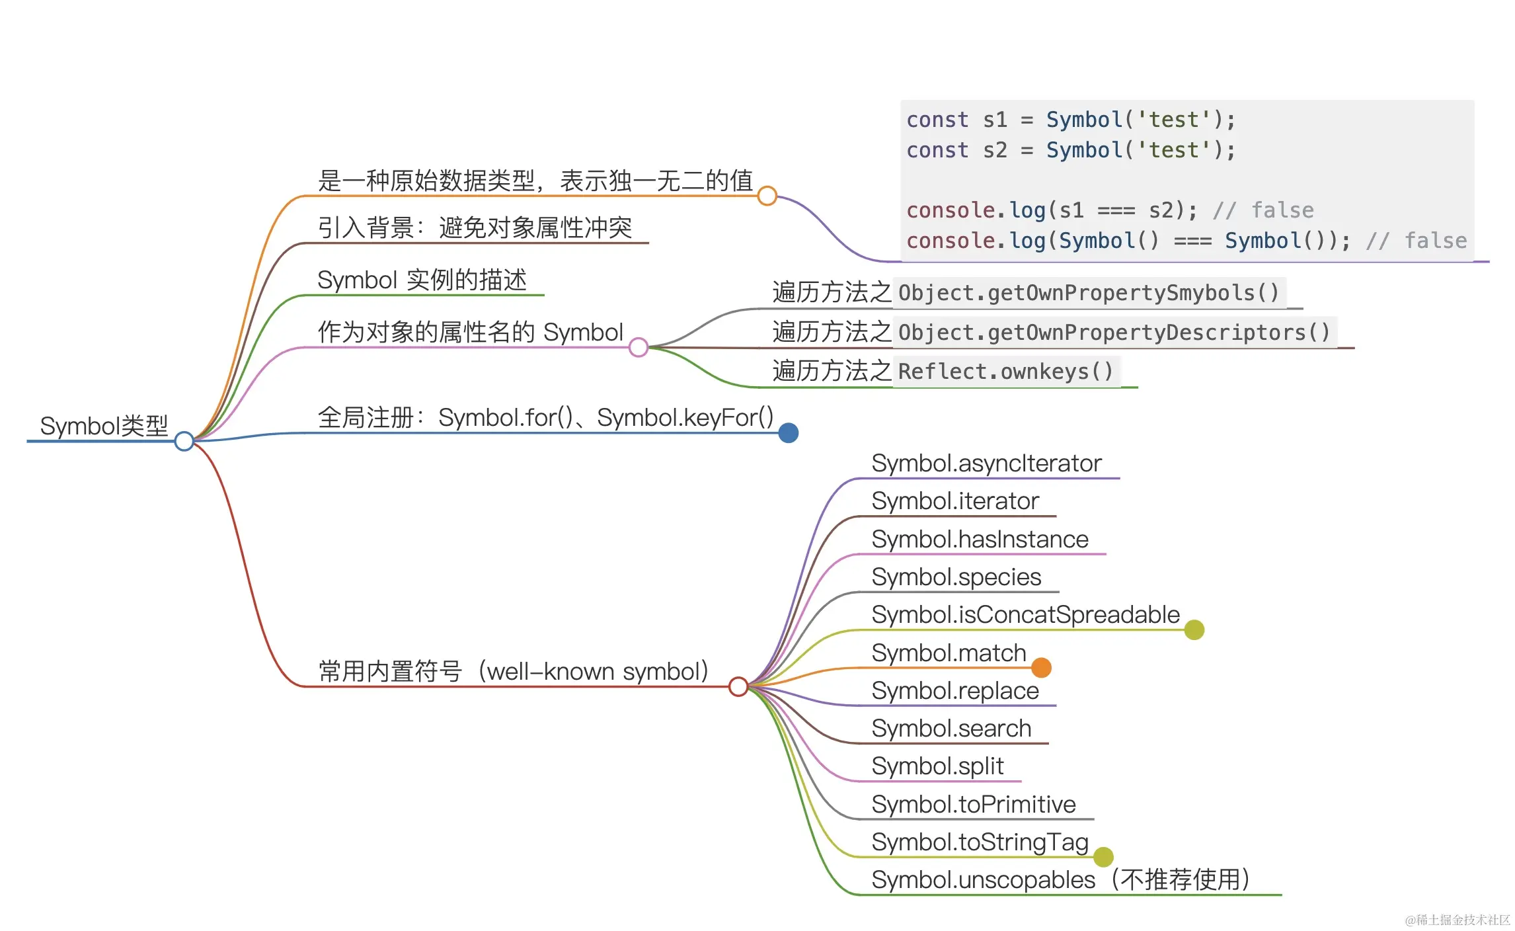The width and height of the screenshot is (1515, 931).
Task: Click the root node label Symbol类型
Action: [x=104, y=426]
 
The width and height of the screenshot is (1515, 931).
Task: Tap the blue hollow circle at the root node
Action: [x=184, y=441]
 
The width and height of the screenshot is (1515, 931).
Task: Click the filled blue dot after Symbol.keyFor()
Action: [x=788, y=433]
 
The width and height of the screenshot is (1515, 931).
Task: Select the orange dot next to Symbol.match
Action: [x=1041, y=668]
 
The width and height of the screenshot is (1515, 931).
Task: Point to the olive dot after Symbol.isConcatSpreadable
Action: [x=1194, y=629]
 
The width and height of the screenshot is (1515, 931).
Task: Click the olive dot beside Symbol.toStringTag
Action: [x=1103, y=857]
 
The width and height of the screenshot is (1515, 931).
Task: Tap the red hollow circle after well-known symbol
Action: [x=738, y=687]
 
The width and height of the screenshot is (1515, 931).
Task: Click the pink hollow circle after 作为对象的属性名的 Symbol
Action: [x=639, y=347]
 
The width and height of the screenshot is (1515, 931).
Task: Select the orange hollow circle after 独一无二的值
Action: [x=767, y=196]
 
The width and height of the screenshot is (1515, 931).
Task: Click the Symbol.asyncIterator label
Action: [x=986, y=464]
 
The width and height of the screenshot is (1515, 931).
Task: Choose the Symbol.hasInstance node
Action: [x=980, y=540]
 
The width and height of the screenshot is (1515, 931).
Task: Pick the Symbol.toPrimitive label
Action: [x=973, y=805]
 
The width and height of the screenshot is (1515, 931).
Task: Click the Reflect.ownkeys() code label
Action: [x=1005, y=372]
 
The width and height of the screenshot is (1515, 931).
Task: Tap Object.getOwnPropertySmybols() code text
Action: [x=1089, y=293]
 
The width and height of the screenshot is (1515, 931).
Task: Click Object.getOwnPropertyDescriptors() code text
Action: [x=1114, y=333]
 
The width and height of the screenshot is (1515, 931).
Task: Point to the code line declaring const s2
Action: [x=1070, y=150]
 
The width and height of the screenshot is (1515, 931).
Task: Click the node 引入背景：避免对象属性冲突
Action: [x=475, y=228]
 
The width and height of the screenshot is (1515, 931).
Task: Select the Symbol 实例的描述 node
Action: [x=422, y=280]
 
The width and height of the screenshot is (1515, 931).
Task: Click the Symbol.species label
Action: [x=956, y=577]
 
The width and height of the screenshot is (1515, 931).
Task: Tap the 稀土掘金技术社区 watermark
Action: [x=1457, y=919]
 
